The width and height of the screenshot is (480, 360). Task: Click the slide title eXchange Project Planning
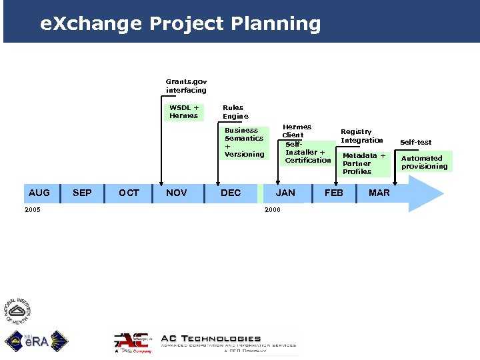point(180,24)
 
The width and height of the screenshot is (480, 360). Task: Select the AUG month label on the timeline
point(39,193)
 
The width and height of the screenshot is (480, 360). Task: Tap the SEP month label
point(82,193)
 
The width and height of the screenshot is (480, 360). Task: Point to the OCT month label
point(129,193)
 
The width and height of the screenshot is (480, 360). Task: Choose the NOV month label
point(176,193)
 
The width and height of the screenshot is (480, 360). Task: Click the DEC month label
point(231,193)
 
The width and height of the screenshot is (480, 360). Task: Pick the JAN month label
point(285,193)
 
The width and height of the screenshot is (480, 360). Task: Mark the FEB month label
point(334,193)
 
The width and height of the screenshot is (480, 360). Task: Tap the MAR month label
point(379,193)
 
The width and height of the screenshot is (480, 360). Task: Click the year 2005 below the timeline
point(31,209)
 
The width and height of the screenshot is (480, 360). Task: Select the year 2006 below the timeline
point(273,210)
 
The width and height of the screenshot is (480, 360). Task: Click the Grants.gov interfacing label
point(186,86)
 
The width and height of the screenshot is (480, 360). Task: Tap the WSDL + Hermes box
point(184,111)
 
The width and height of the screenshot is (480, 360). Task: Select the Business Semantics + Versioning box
point(244,143)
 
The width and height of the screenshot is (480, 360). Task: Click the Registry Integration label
point(362,136)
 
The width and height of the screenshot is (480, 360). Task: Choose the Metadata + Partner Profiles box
point(364,163)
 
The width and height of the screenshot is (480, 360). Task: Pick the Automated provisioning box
point(425,162)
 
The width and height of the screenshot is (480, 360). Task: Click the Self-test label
point(415,142)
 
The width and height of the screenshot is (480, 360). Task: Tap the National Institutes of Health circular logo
point(19,311)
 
